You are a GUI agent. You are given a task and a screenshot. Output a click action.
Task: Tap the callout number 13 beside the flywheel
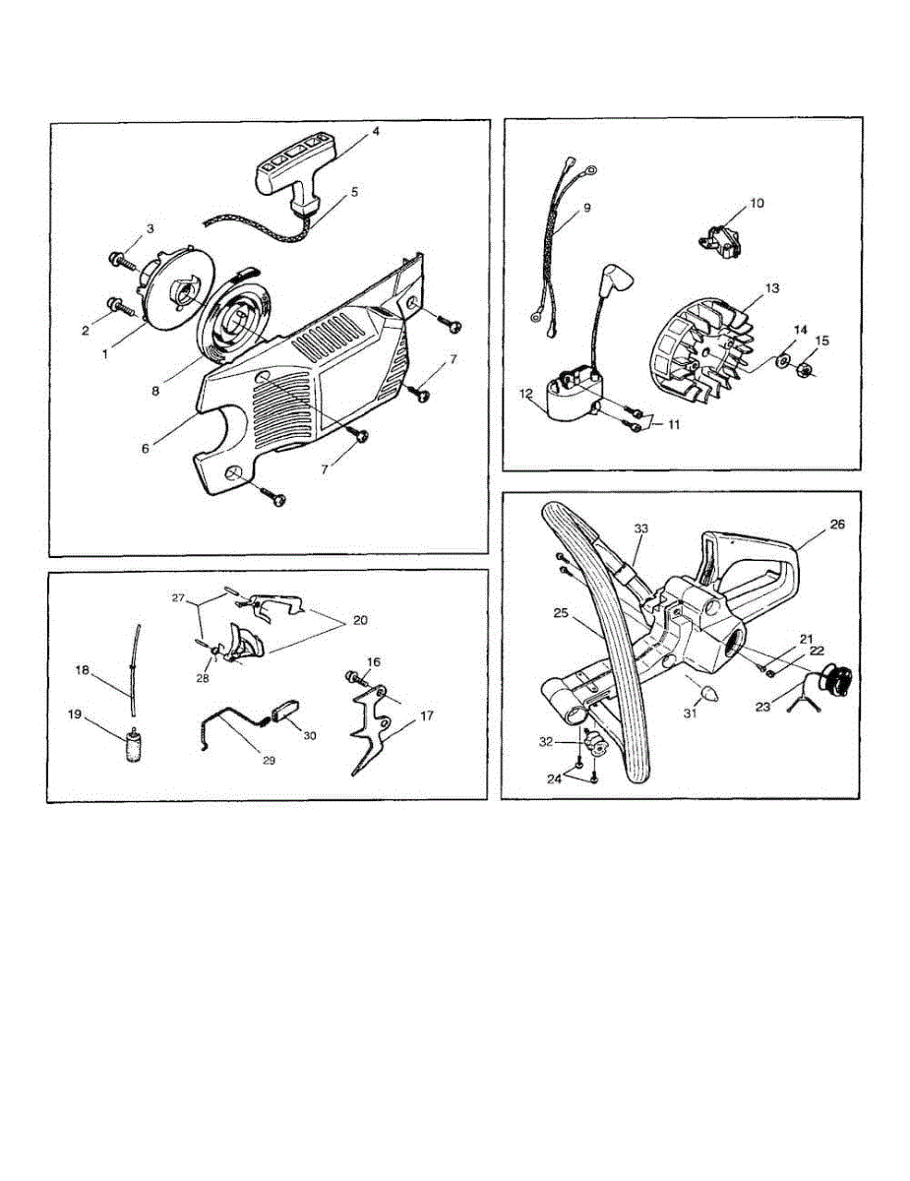(x=772, y=288)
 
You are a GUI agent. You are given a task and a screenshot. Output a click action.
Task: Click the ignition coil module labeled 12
(x=566, y=398)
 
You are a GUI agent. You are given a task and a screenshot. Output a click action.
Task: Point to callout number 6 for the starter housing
(x=146, y=448)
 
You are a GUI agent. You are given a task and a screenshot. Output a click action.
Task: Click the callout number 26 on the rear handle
(x=837, y=525)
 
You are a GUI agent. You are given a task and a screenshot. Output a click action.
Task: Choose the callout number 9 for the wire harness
(x=586, y=208)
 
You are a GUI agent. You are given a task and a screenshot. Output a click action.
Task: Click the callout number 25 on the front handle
(x=561, y=612)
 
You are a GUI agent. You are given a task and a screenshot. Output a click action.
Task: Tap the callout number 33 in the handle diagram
(x=641, y=528)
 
